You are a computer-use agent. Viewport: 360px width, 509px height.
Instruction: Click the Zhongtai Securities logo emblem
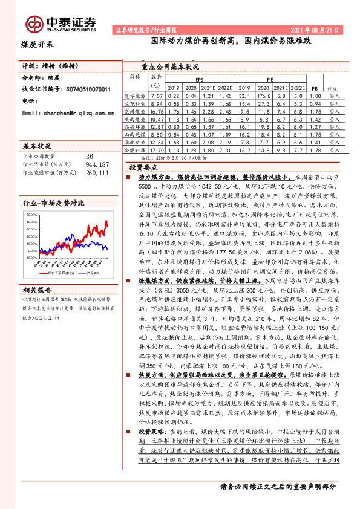(34, 23)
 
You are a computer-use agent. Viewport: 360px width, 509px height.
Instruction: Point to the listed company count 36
(89, 155)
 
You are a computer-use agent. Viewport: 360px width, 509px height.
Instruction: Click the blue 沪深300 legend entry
(95, 273)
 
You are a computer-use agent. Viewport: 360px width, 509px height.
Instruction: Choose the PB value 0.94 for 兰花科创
(313, 104)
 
